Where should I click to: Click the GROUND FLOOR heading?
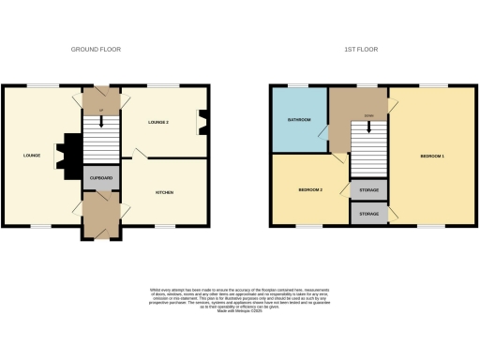pos(97,49)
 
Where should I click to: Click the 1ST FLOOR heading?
pos(360,49)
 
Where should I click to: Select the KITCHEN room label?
pos(164,192)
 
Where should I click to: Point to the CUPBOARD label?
pos(101,176)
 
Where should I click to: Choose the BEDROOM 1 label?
pos(431,156)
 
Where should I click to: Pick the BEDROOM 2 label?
pos(310,189)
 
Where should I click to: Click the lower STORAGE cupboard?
pos(367,214)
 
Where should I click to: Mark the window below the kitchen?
pos(165,226)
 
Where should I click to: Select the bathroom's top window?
pos(298,86)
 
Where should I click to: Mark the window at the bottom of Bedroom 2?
pos(309,226)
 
